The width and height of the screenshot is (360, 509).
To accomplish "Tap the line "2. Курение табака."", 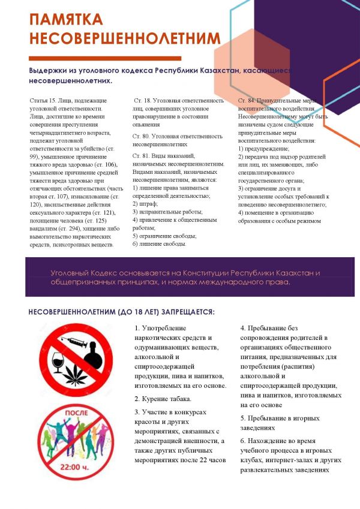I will coord(163,399).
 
